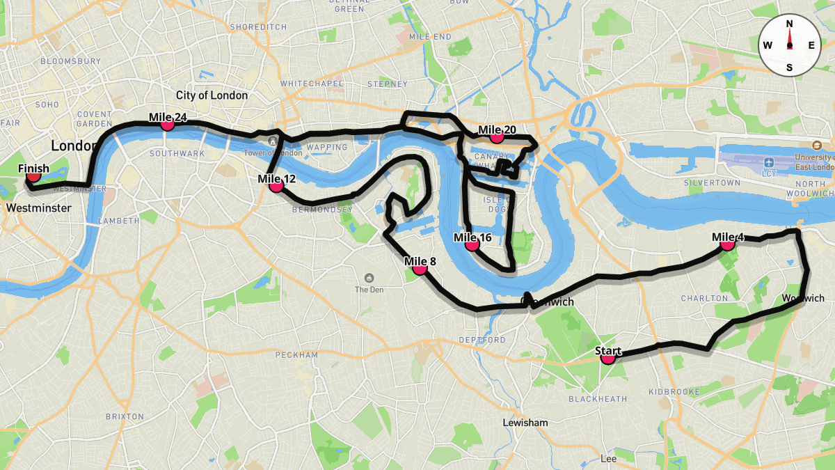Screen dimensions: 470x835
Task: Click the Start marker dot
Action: [608, 358]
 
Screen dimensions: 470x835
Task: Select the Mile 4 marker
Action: [727, 244]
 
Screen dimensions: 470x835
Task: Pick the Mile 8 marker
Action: [420, 268]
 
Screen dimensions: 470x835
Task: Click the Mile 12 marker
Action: [276, 185]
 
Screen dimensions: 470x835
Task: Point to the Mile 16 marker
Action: [472, 244]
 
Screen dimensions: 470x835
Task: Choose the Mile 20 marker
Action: [496, 136]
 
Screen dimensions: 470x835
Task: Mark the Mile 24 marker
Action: [167, 124]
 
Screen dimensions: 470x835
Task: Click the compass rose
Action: [789, 45]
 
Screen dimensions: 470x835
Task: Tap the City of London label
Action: [212, 95]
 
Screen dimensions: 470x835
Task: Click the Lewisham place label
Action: [525, 423]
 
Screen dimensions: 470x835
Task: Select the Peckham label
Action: [296, 355]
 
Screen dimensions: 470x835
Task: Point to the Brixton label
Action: [125, 416]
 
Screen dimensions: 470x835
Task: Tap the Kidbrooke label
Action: [674, 392]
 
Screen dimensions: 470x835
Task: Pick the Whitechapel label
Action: [312, 84]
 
